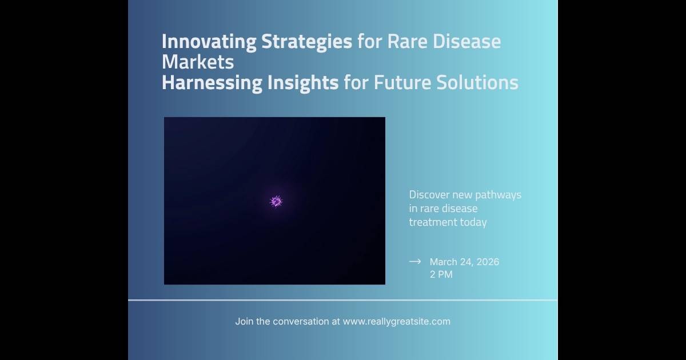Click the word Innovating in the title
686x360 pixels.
[209, 42]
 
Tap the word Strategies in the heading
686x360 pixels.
[306, 42]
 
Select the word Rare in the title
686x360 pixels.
[407, 41]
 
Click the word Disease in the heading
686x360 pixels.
[466, 41]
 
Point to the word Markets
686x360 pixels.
[198, 62]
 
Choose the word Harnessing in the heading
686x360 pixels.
[212, 83]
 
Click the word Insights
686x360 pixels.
[303, 83]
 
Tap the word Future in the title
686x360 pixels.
[402, 83]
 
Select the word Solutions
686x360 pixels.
[477, 83]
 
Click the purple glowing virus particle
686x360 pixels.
[276, 201]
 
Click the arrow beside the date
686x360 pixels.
[415, 262]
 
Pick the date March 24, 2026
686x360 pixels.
[464, 262]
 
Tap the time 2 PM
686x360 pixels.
[441, 274]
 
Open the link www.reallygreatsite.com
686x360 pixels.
[397, 322]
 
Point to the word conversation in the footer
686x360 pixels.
[301, 321]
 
